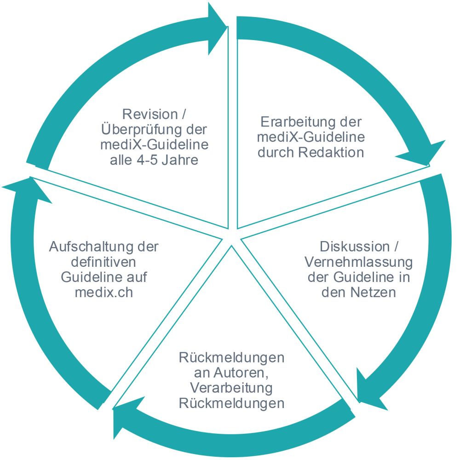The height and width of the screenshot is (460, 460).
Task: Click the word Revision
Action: coord(150,114)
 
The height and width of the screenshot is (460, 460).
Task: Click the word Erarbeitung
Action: coord(296,122)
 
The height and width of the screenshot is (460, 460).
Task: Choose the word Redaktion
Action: coord(331,153)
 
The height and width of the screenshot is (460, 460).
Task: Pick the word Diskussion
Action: coord(354,247)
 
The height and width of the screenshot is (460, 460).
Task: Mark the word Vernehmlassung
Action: coord(358,262)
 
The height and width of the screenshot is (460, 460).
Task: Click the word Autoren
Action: coord(241,373)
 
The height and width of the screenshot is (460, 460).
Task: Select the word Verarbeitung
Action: coord(231,388)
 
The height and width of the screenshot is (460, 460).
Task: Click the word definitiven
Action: coord(103,262)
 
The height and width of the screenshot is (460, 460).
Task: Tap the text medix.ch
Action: coord(104,293)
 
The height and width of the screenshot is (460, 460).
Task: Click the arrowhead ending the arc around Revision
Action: coord(217,29)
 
